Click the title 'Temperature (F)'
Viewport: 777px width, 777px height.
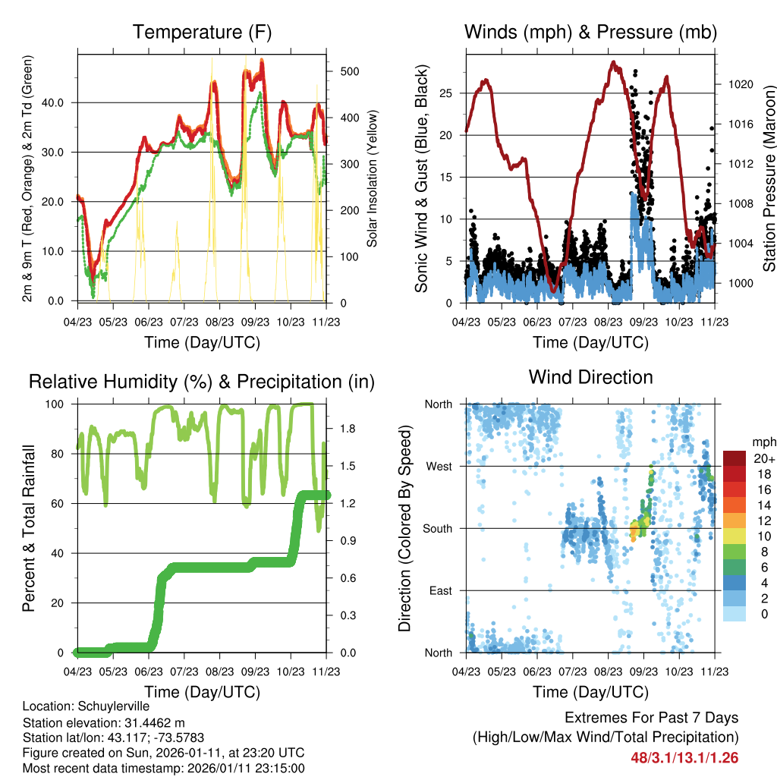(202, 32)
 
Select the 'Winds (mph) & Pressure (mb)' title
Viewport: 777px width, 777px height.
(590, 32)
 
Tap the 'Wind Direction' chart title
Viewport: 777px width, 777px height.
(590, 377)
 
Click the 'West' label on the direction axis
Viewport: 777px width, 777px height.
(438, 467)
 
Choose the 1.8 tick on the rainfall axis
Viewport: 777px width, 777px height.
(340, 429)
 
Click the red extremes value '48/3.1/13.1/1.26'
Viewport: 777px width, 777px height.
(684, 757)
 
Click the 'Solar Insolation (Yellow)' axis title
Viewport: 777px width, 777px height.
(373, 178)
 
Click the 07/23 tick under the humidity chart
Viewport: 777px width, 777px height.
(184, 672)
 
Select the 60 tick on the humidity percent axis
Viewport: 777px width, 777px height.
(60, 504)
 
